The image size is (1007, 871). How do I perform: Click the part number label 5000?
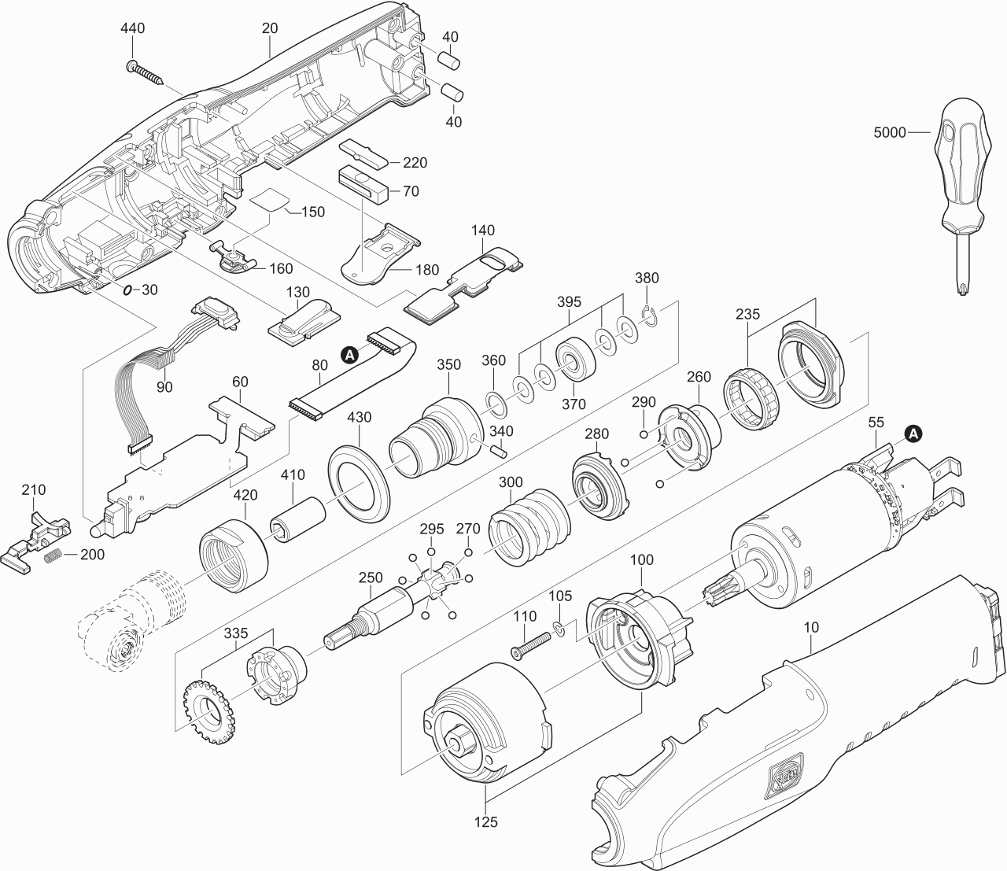tap(890, 133)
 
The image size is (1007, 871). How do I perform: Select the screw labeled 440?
tap(147, 71)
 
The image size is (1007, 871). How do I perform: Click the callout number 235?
tap(747, 314)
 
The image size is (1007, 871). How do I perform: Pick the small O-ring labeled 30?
tap(127, 290)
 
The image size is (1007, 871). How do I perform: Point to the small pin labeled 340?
tap(496, 452)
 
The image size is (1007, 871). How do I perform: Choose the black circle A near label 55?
tap(913, 432)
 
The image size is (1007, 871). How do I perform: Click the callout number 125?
tap(486, 822)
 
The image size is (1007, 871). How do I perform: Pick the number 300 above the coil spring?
tap(511, 482)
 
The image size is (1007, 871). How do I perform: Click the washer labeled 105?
tap(558, 627)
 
